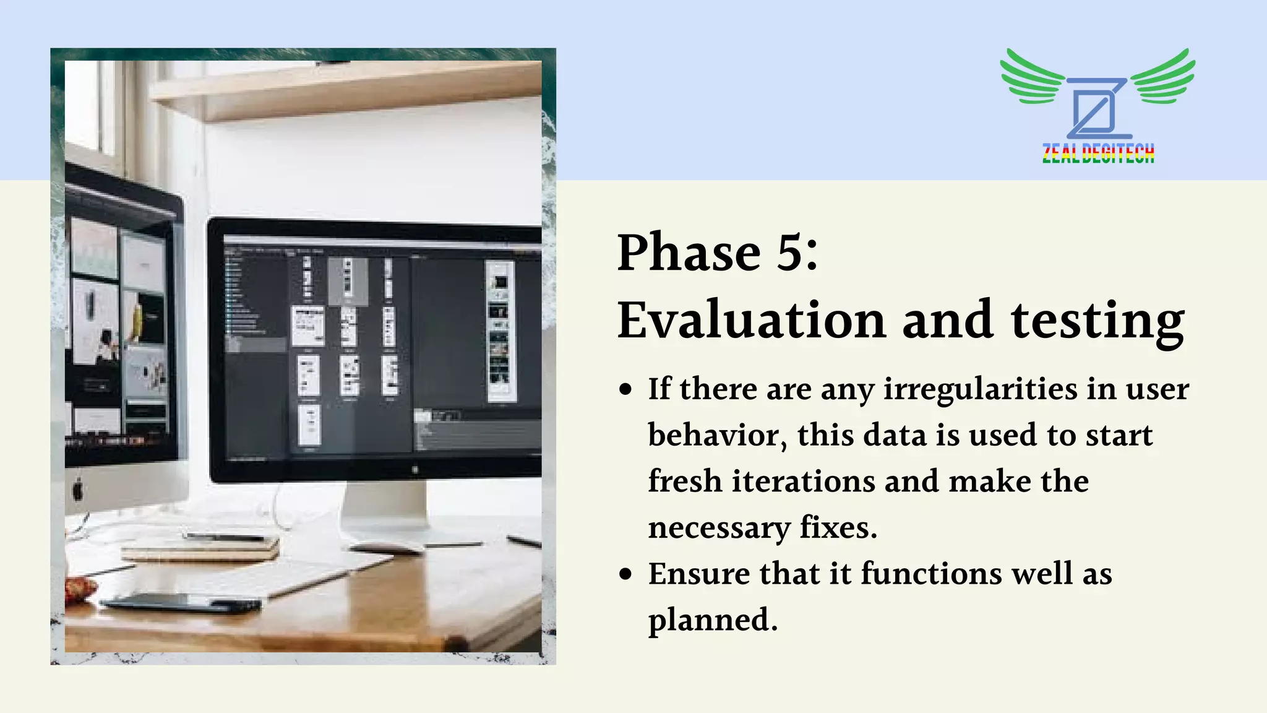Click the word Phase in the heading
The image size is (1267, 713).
tap(689, 252)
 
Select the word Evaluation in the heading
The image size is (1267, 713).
tap(752, 320)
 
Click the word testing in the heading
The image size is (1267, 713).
tap(1097, 321)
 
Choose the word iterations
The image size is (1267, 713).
tap(804, 482)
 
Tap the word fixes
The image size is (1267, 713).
tap(838, 528)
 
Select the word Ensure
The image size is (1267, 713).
tap(699, 574)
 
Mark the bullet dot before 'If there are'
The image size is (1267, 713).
tap(626, 390)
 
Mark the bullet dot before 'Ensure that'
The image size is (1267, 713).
tap(626, 574)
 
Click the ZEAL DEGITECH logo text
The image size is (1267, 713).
tap(1098, 153)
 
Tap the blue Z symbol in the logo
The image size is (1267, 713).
tap(1097, 108)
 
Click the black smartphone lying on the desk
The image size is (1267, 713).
tap(179, 602)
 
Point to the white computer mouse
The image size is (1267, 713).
tap(387, 547)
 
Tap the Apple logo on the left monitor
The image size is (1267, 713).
tap(78, 490)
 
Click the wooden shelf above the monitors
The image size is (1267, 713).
tap(346, 90)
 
